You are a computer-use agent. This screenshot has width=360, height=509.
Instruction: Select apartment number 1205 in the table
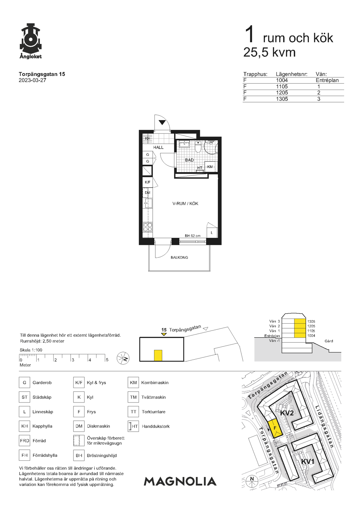click(282, 93)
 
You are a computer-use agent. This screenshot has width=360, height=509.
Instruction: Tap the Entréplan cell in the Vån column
click(327, 80)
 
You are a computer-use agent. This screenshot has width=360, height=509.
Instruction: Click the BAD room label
click(189, 160)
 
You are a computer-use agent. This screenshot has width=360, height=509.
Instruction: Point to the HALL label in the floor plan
click(158, 147)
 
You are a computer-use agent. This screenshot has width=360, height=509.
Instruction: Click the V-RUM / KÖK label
click(185, 204)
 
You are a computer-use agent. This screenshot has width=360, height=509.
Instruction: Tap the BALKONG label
click(179, 257)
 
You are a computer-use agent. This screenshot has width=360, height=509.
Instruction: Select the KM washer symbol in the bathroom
click(210, 167)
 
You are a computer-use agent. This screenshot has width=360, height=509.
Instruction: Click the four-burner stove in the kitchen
click(148, 227)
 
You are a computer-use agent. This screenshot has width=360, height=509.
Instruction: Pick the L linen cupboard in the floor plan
click(212, 233)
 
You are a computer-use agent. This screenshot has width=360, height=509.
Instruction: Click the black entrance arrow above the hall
click(162, 122)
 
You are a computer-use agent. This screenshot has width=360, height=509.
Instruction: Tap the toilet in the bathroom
click(198, 147)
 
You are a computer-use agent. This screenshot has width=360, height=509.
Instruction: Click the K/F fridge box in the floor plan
click(148, 182)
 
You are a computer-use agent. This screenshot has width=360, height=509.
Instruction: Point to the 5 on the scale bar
click(107, 360)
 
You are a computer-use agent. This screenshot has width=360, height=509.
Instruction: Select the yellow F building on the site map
click(275, 428)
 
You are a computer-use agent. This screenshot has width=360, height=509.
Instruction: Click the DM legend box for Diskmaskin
click(79, 426)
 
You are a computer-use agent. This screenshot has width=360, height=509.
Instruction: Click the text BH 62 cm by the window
click(193, 236)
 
